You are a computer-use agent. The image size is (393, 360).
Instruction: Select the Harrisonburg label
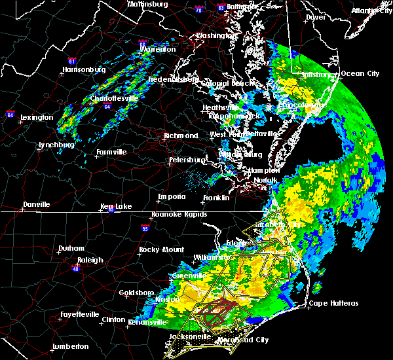(83, 69)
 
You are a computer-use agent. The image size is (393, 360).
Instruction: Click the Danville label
(36, 205)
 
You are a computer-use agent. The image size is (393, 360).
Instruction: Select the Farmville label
(111, 152)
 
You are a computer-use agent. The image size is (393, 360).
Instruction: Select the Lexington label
(36, 117)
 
